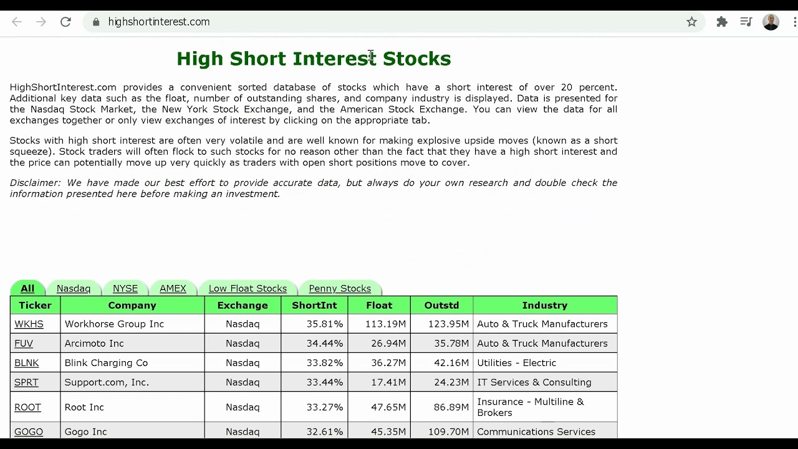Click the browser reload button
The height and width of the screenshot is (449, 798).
[x=65, y=22]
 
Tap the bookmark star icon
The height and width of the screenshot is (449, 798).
[x=691, y=22]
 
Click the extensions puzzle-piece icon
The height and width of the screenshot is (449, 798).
[x=722, y=22]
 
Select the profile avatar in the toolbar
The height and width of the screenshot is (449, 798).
[x=771, y=22]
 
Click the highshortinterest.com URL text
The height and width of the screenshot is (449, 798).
[x=159, y=22]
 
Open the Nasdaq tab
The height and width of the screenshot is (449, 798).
[x=74, y=288]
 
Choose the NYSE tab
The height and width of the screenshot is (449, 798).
[x=125, y=288]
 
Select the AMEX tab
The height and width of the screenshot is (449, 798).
[x=173, y=288]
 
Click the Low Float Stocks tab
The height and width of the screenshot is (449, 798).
[x=248, y=288]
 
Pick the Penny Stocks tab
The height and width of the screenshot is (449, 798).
[x=340, y=288]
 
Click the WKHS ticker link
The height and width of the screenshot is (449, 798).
[x=29, y=324]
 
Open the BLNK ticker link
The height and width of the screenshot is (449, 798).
[x=26, y=363]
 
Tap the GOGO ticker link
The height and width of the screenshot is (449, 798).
[x=29, y=432]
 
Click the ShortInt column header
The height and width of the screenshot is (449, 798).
[x=314, y=306]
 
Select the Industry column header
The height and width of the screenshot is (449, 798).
[x=545, y=306]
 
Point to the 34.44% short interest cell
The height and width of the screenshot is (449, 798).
[x=325, y=344]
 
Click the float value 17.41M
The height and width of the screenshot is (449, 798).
[x=388, y=382]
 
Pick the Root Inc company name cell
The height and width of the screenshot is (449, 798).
[x=84, y=407]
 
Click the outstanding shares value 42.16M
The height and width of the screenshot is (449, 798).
[x=451, y=363]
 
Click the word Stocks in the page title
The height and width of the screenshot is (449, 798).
[x=417, y=59]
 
